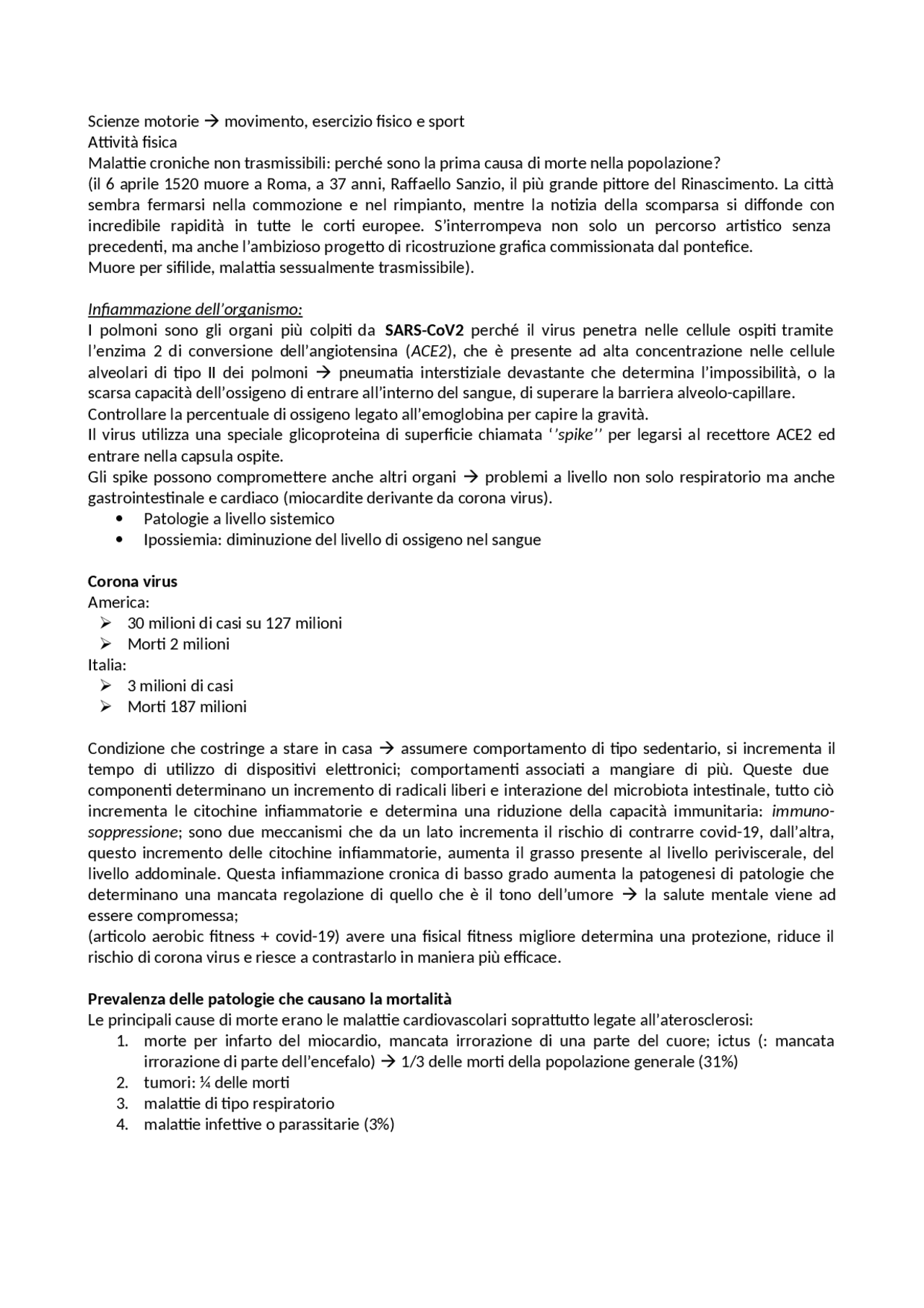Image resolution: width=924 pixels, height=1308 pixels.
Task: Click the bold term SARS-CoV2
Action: (x=424, y=331)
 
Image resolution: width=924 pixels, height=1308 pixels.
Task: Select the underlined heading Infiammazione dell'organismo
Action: (x=195, y=310)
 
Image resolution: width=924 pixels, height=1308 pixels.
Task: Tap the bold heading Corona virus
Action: (x=132, y=581)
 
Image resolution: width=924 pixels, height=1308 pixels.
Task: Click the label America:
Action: (x=118, y=602)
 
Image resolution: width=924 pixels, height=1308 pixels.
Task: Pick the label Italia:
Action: (x=107, y=664)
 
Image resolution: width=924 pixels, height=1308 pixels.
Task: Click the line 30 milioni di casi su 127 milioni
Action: (x=235, y=623)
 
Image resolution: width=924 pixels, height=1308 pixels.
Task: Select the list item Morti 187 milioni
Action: (x=187, y=706)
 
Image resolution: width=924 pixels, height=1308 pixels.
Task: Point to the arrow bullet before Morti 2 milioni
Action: (x=106, y=644)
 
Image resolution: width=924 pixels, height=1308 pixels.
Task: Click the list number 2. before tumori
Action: (x=122, y=1083)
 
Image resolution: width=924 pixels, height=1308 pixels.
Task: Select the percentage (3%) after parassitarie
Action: (x=379, y=1125)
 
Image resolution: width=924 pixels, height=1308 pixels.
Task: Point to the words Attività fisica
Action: (x=132, y=142)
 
